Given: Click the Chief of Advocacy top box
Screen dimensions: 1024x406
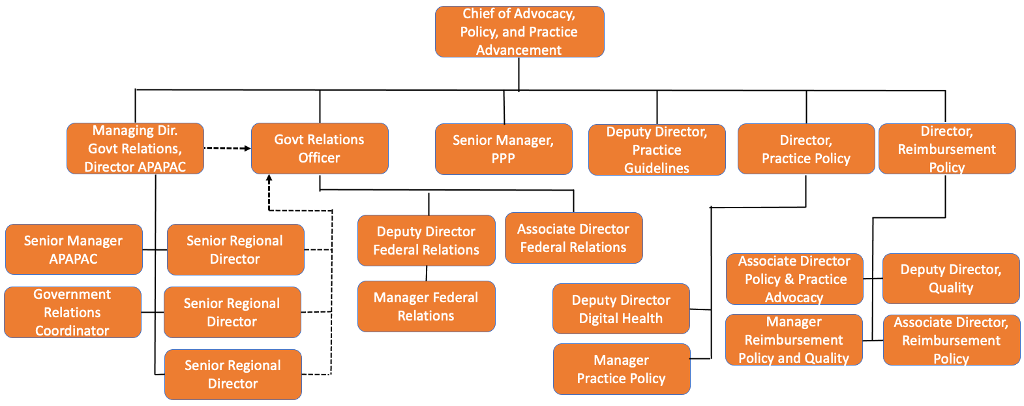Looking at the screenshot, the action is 519,31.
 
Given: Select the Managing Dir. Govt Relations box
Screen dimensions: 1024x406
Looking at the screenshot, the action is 135,148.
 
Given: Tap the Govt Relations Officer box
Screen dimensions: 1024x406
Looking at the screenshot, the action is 320,148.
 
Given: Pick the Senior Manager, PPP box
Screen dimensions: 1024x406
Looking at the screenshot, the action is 504,149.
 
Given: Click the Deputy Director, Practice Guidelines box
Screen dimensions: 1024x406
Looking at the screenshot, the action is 657,149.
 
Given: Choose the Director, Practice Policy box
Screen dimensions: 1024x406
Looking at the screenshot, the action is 806,149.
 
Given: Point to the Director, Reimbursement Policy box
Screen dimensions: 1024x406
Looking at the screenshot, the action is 947,149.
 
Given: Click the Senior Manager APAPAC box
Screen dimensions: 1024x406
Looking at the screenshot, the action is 74,249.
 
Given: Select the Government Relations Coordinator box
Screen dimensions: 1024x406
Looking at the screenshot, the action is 72,312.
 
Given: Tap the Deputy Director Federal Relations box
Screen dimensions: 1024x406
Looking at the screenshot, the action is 427,240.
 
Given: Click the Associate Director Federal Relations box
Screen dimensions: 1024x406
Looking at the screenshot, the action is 574,238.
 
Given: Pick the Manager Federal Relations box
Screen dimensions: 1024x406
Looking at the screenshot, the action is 427,306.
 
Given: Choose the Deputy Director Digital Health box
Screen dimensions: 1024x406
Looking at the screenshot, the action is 622,309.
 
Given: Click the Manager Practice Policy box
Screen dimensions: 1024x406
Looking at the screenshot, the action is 622,369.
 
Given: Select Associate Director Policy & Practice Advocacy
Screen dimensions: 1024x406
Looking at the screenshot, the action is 794,279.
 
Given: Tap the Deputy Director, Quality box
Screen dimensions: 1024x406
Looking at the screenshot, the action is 952,279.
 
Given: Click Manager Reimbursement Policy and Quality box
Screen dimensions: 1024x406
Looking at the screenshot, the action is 794,339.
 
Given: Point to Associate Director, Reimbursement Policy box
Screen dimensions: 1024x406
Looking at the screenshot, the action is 952,340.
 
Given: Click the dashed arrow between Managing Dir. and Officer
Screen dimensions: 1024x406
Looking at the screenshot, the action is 227,148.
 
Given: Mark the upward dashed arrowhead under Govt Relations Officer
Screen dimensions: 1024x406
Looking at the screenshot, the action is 269,178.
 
